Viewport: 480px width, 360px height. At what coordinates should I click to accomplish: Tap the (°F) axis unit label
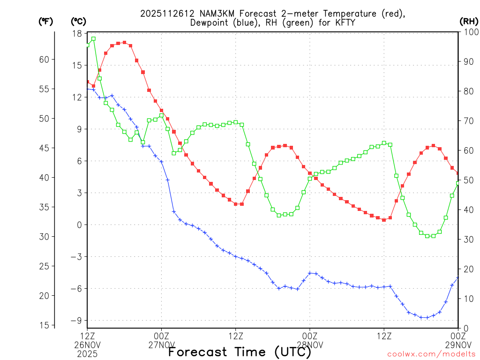pyautogui.click(x=46, y=22)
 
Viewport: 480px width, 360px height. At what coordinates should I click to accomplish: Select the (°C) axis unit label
pyautogui.click(x=78, y=22)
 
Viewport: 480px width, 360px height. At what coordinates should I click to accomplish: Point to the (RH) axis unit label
pyautogui.click(x=468, y=22)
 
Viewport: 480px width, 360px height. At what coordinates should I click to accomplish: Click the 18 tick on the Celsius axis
pyautogui.click(x=77, y=33)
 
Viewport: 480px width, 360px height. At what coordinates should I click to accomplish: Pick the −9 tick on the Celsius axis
pyautogui.click(x=75, y=321)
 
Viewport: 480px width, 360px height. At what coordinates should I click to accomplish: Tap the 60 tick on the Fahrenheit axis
pyautogui.click(x=44, y=60)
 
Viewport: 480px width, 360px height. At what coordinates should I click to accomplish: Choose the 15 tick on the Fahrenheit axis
pyautogui.click(x=44, y=325)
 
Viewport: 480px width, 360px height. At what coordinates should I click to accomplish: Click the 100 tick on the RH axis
pyautogui.click(x=469, y=32)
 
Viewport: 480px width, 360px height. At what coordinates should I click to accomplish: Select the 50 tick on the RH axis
pyautogui.click(x=467, y=180)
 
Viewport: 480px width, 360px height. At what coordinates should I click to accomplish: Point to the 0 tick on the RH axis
pyautogui.click(x=465, y=328)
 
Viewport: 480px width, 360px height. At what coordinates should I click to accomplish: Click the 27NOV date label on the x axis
pyautogui.click(x=162, y=345)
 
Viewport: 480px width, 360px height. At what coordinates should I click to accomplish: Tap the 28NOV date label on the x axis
pyautogui.click(x=310, y=345)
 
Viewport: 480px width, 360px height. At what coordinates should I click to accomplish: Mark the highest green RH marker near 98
pyautogui.click(x=93, y=38)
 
